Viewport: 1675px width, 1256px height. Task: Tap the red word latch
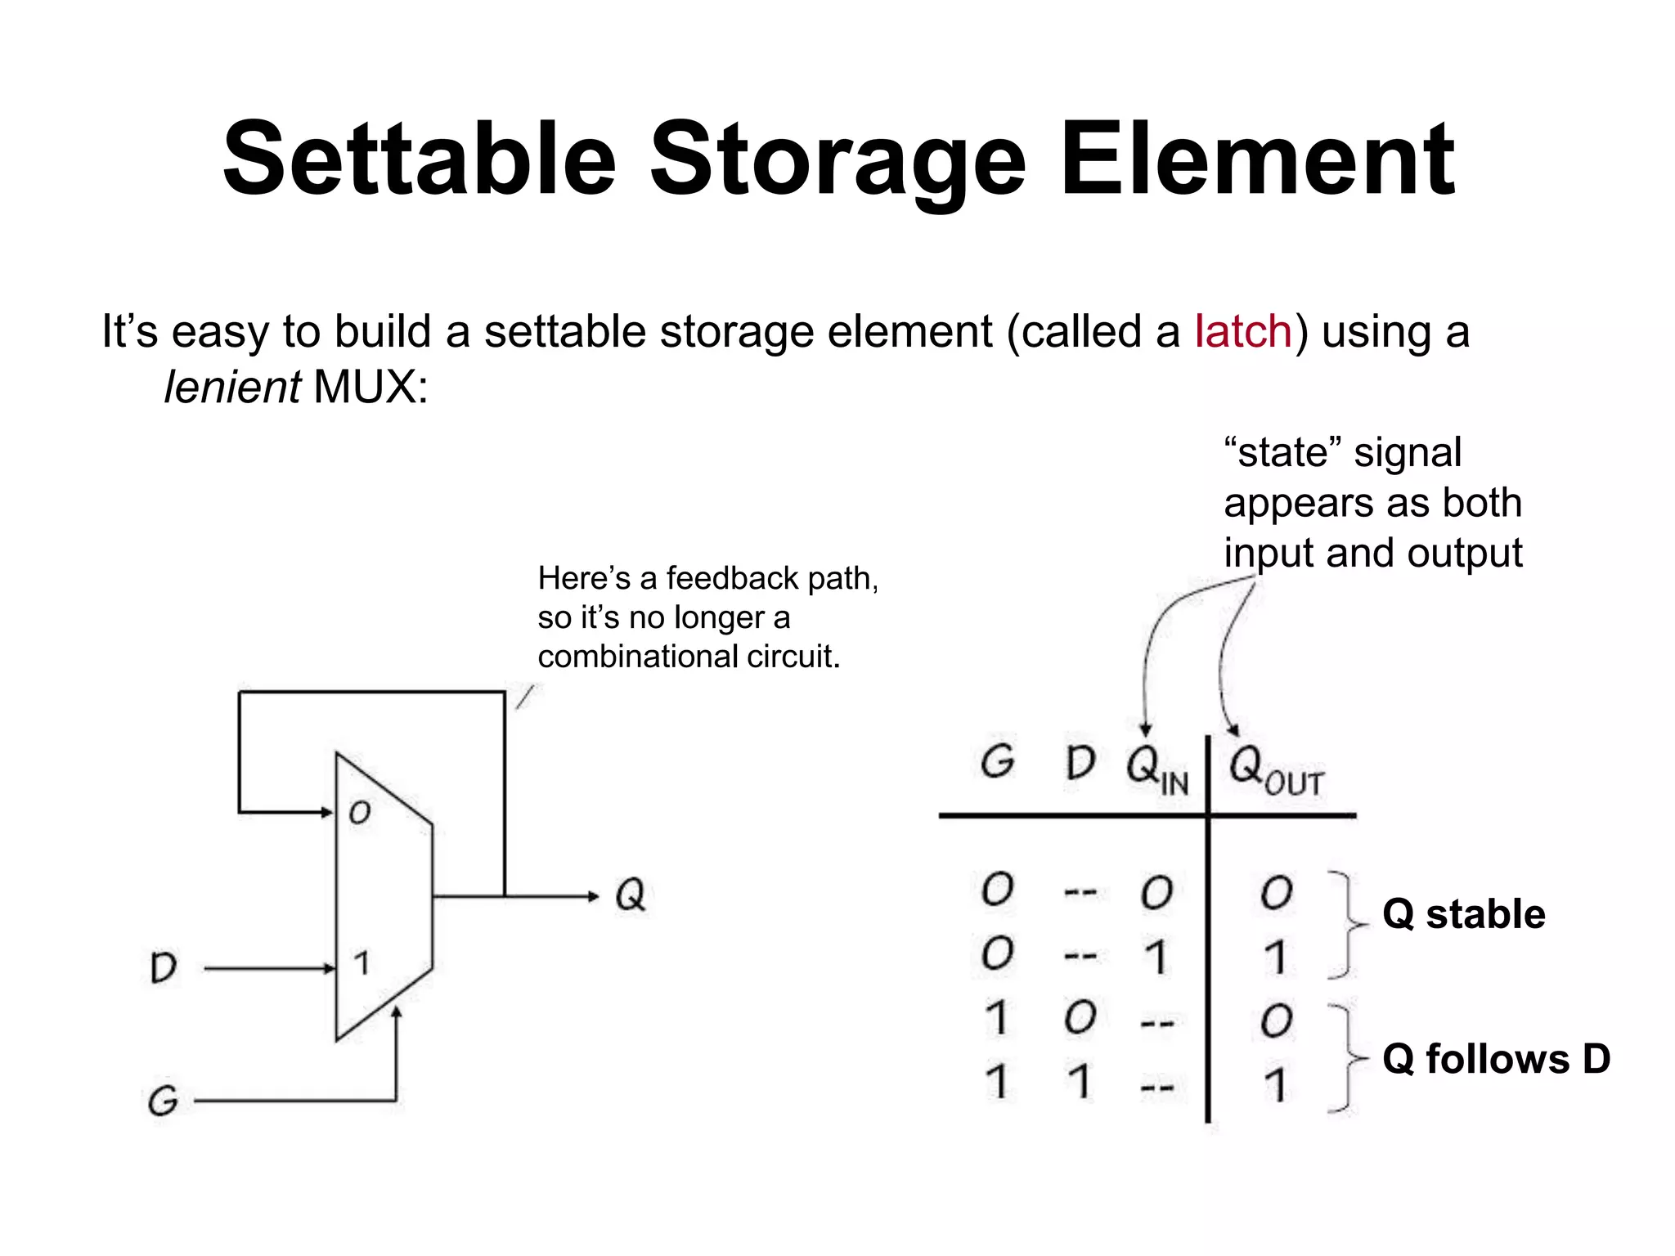tap(1242, 332)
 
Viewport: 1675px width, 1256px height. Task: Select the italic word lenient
tap(231, 387)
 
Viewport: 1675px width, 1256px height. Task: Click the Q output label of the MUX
tap(630, 895)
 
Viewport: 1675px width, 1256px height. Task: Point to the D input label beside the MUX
tap(164, 968)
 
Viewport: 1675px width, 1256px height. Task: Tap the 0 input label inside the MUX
tap(360, 812)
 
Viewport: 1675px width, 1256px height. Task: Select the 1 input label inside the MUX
tap(361, 962)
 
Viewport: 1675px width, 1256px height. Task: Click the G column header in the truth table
tap(997, 762)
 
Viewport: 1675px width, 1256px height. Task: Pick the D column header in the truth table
tap(1080, 763)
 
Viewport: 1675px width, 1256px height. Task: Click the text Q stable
tap(1463, 914)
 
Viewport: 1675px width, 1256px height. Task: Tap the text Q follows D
tap(1496, 1059)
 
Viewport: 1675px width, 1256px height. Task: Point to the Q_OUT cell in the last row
tap(1275, 1085)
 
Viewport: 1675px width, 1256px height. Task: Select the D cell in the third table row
tap(1080, 1019)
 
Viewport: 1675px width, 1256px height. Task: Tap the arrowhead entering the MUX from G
tap(397, 1014)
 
